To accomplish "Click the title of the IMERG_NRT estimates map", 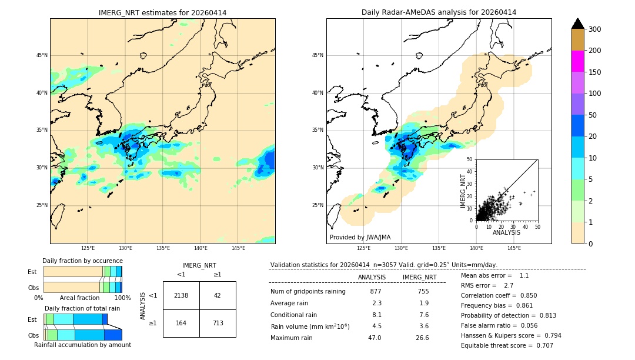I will (162, 12).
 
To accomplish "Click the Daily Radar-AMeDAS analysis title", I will (439, 12).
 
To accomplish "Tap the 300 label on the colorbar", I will (595, 29).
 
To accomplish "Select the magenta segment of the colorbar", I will (578, 61).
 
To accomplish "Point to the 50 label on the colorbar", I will (593, 115).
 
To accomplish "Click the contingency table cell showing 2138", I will (181, 295).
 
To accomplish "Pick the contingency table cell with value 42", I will (218, 295).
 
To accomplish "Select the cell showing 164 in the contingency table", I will (181, 323).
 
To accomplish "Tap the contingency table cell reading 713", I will (218, 323).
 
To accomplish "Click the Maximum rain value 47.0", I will (375, 338).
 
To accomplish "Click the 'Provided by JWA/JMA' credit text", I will (360, 237).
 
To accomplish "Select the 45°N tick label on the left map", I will (42, 55).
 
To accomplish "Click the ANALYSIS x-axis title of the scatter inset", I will (506, 232).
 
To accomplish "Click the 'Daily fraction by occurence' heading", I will (82, 261).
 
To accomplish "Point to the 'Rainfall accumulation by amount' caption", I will (82, 345).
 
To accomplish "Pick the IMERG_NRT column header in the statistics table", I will (419, 277).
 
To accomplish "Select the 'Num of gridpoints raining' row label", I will (308, 291).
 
